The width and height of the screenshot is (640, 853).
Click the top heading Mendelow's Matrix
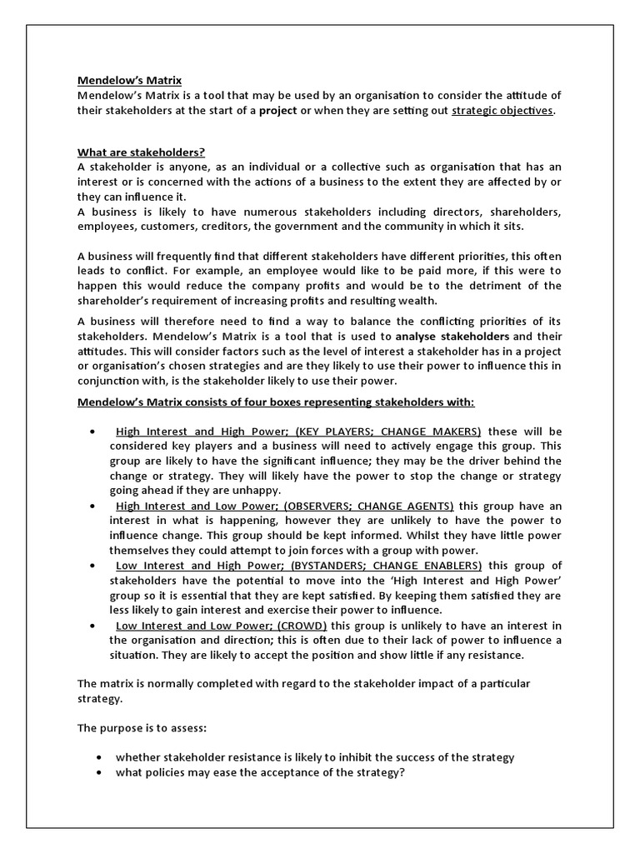(x=129, y=81)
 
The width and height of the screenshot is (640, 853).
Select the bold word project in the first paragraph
(x=278, y=111)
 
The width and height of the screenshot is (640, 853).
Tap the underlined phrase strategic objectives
(x=502, y=111)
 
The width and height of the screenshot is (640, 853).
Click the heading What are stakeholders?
(x=141, y=152)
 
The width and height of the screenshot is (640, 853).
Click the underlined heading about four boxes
(x=276, y=402)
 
